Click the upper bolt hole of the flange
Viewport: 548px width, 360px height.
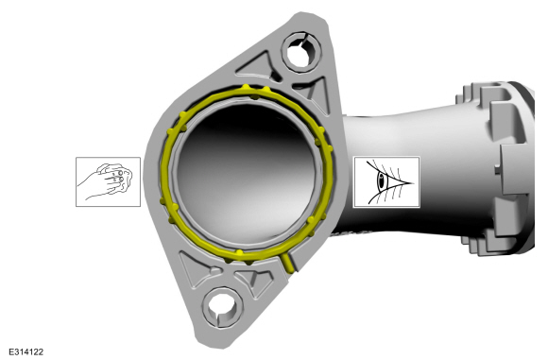300,52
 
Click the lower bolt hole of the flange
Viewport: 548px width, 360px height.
223,306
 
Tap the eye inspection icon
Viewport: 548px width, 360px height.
386,182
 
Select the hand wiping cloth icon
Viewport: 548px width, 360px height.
109,181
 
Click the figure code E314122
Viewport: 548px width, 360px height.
26,351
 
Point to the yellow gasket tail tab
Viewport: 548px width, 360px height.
289,263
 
